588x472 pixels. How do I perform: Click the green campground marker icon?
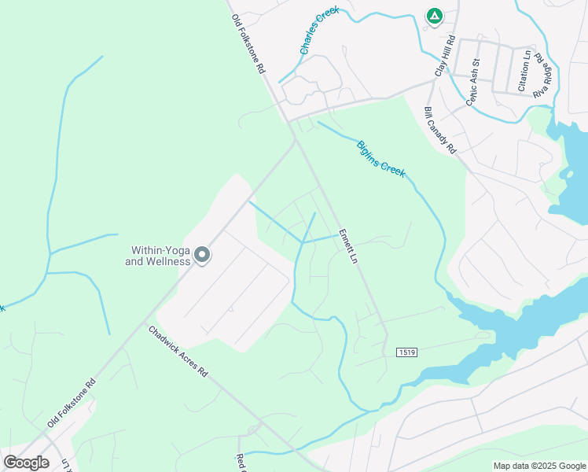point(434,16)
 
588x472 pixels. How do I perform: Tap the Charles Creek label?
point(318,32)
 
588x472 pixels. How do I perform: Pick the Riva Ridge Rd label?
point(542,76)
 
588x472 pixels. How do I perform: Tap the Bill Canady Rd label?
point(439,130)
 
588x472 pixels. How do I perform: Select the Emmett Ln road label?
point(348,246)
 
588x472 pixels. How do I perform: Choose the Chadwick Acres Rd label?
point(178,351)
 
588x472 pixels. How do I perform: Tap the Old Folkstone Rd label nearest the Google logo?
point(72,402)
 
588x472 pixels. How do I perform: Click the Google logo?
point(27,463)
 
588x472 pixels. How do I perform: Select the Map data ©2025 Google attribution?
point(540,466)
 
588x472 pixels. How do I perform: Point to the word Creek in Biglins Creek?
point(393,167)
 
